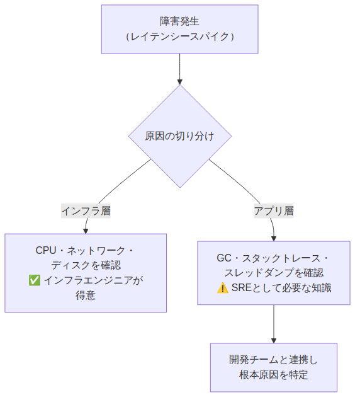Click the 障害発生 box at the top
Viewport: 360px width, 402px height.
pos(180,29)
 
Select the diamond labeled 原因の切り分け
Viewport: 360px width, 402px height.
pos(180,136)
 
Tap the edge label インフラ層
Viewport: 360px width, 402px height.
pos(86,211)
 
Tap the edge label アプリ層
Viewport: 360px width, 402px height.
pos(274,211)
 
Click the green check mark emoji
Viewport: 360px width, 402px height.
pos(35,280)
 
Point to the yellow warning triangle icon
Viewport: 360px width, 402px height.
pos(223,288)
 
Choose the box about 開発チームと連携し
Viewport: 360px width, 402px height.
pos(274,367)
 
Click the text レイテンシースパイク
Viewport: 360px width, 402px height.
pos(180,37)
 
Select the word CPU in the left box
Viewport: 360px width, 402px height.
pos(46,250)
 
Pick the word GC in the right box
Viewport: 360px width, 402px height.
pos(224,258)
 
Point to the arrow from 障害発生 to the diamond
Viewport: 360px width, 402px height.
pos(180,69)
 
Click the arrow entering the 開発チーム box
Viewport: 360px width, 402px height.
pos(274,324)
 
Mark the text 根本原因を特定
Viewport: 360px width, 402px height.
pos(274,375)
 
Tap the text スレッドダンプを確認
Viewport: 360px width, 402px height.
pos(274,273)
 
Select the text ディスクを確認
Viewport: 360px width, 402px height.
pos(86,265)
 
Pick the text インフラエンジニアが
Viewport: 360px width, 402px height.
pos(93,280)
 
